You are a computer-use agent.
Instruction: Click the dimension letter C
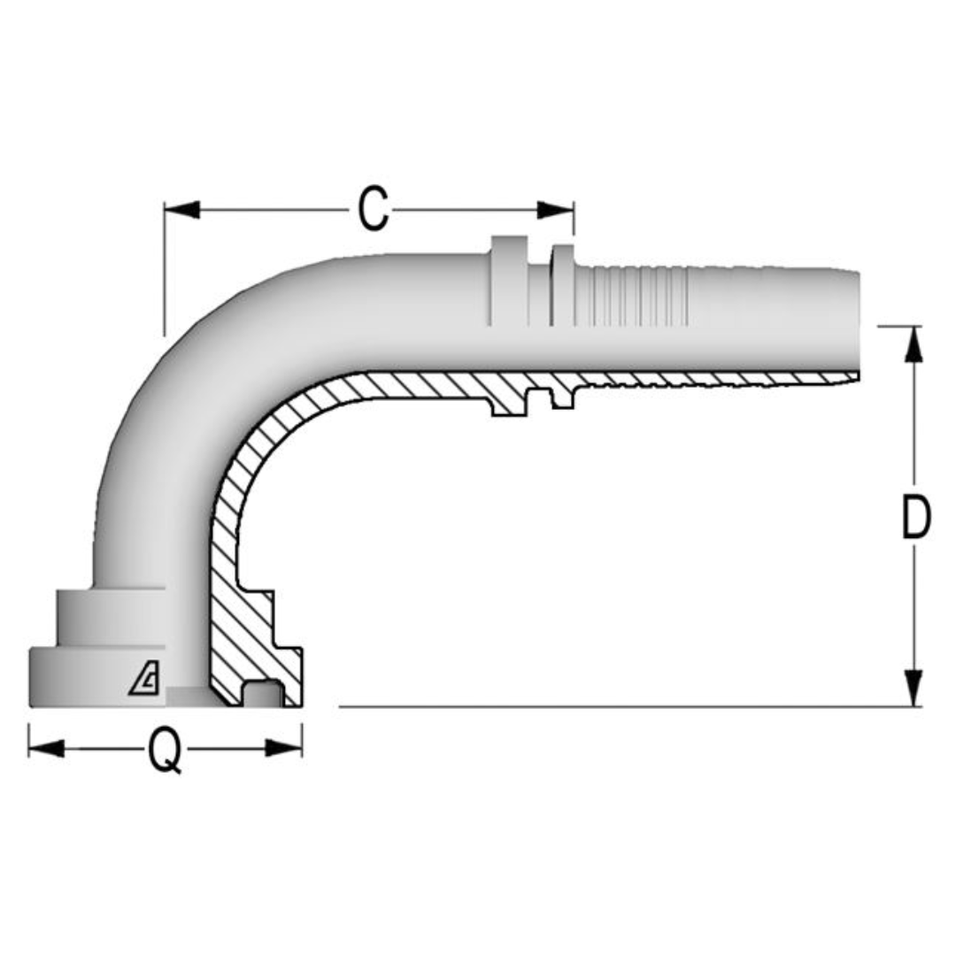373,211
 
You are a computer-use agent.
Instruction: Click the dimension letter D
915,518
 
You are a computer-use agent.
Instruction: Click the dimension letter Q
165,751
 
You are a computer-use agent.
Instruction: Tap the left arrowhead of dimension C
181,210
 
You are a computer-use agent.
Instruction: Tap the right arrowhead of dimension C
556,210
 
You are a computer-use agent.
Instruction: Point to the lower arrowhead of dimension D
914,688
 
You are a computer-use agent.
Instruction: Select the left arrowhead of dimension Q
46,749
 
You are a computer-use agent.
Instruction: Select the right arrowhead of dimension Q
284,749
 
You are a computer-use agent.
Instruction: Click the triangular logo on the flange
144,680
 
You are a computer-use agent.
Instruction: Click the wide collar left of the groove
507,281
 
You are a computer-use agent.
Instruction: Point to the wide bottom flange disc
97,677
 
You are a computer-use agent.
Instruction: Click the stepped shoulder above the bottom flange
111,617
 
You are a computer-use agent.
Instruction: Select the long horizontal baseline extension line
620,706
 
